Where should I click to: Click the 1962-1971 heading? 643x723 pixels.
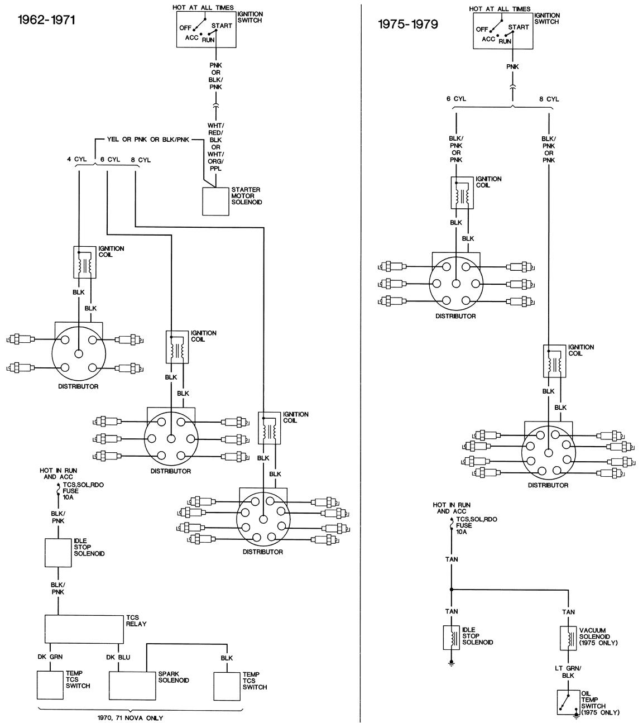39,20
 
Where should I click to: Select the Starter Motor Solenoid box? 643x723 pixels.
216,201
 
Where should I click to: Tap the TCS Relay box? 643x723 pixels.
84,629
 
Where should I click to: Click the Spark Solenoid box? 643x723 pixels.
132,686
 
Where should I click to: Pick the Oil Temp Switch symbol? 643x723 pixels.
568,702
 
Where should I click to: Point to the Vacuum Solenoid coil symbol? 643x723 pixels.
568,638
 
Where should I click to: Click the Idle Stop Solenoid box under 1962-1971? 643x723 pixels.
58,553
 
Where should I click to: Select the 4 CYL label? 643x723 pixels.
76,160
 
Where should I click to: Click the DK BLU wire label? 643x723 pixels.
118,657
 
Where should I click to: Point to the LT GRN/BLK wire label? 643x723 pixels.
568,672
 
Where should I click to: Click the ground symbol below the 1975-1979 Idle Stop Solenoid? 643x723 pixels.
451,664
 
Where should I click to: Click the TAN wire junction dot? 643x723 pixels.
451,589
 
